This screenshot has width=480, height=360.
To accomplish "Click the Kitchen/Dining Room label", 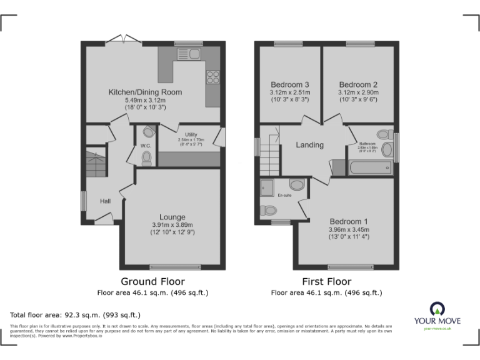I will point(145,92).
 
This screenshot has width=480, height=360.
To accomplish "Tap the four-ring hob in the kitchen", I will point(212,77).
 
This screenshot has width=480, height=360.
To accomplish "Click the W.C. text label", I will point(146,146).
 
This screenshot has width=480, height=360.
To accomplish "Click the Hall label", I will point(105,201).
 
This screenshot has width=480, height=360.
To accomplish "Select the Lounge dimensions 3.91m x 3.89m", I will point(172,225).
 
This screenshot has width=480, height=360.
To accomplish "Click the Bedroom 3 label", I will point(289,84).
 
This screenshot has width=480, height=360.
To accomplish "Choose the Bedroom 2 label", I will point(358,84).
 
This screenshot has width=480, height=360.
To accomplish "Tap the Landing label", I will point(309,145).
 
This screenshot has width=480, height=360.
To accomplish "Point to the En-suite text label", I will point(284,195).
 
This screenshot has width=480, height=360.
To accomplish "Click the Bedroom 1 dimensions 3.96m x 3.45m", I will point(348,229).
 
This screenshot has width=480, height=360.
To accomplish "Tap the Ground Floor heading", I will point(152,281).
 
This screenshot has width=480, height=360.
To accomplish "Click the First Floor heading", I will point(326,281).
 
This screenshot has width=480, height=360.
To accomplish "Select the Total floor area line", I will point(76,314).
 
